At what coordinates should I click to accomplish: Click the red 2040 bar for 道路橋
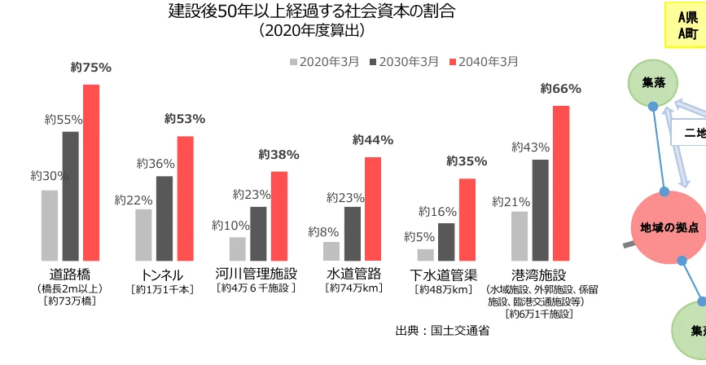(91, 172)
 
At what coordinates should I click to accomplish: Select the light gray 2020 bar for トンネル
(144, 235)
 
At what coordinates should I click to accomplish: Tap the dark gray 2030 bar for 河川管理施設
(258, 233)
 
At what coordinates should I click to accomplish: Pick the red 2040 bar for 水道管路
(373, 208)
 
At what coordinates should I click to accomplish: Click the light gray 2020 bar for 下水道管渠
(425, 254)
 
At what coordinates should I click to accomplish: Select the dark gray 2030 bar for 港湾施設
(541, 209)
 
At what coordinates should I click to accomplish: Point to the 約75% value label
(90, 68)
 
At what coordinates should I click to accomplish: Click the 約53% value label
(185, 119)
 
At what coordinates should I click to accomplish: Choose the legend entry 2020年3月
(323, 61)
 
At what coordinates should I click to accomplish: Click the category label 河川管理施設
(257, 274)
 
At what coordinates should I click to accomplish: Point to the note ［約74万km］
(353, 288)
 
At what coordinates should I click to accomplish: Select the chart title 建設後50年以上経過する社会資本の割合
(311, 11)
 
